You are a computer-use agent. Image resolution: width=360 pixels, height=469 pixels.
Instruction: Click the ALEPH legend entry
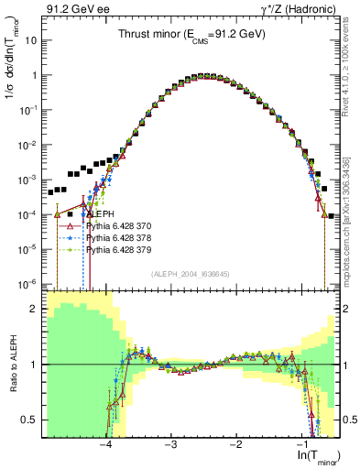pos(100,213)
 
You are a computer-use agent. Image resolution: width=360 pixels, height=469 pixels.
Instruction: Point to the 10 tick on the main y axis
pos(32,41)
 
